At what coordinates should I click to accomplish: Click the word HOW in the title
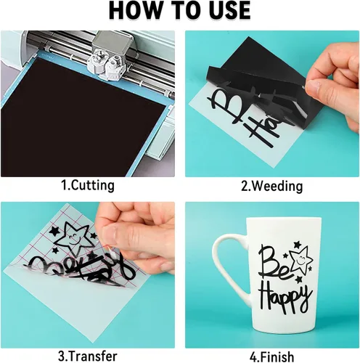(136, 10)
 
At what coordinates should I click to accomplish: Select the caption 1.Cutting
(88, 185)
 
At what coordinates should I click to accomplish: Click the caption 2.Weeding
(272, 186)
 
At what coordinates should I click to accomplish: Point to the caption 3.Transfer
(88, 356)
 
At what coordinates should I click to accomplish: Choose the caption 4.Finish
(272, 356)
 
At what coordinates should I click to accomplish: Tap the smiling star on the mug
(302, 260)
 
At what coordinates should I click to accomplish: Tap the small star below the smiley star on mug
(299, 280)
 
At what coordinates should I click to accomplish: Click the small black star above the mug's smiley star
(297, 245)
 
